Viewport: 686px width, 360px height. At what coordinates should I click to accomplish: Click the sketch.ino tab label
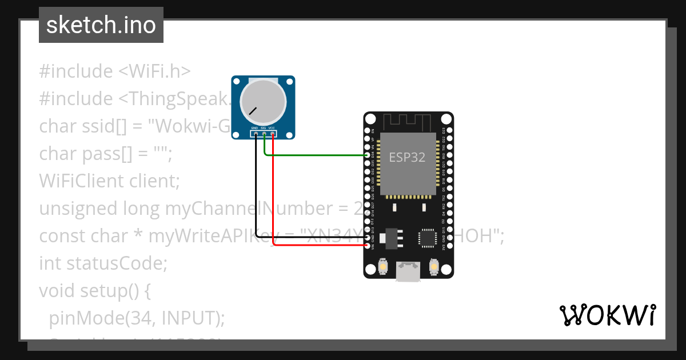pos(101,25)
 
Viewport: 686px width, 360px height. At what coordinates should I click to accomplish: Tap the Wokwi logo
pos(607,315)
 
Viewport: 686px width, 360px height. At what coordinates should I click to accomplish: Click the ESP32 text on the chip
pos(407,157)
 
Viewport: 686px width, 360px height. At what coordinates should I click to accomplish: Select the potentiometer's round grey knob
pos(263,101)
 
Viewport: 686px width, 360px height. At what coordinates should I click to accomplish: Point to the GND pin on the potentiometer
pos(254,134)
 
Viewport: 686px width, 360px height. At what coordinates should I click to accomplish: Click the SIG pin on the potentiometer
pos(264,134)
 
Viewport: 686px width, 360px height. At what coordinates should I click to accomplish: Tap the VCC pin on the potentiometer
pos(273,134)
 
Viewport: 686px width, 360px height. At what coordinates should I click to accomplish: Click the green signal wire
pos(314,155)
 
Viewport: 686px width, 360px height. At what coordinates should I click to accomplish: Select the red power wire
pos(274,194)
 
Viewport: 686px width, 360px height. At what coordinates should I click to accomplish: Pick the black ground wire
pos(255,194)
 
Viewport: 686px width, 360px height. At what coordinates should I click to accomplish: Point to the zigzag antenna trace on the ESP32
pos(408,122)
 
